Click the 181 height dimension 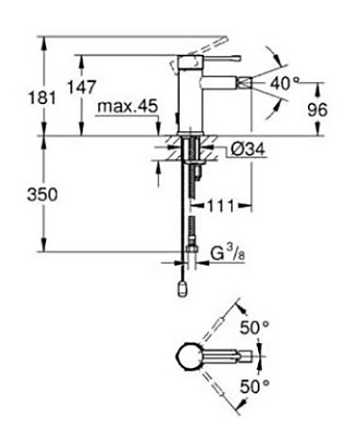[x=42, y=97]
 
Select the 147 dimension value [x=81, y=87]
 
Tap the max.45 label [x=127, y=106]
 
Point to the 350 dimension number [x=42, y=195]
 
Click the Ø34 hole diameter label [x=247, y=149]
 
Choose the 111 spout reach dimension [x=221, y=205]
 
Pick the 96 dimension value [x=318, y=110]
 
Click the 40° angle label [x=284, y=84]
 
